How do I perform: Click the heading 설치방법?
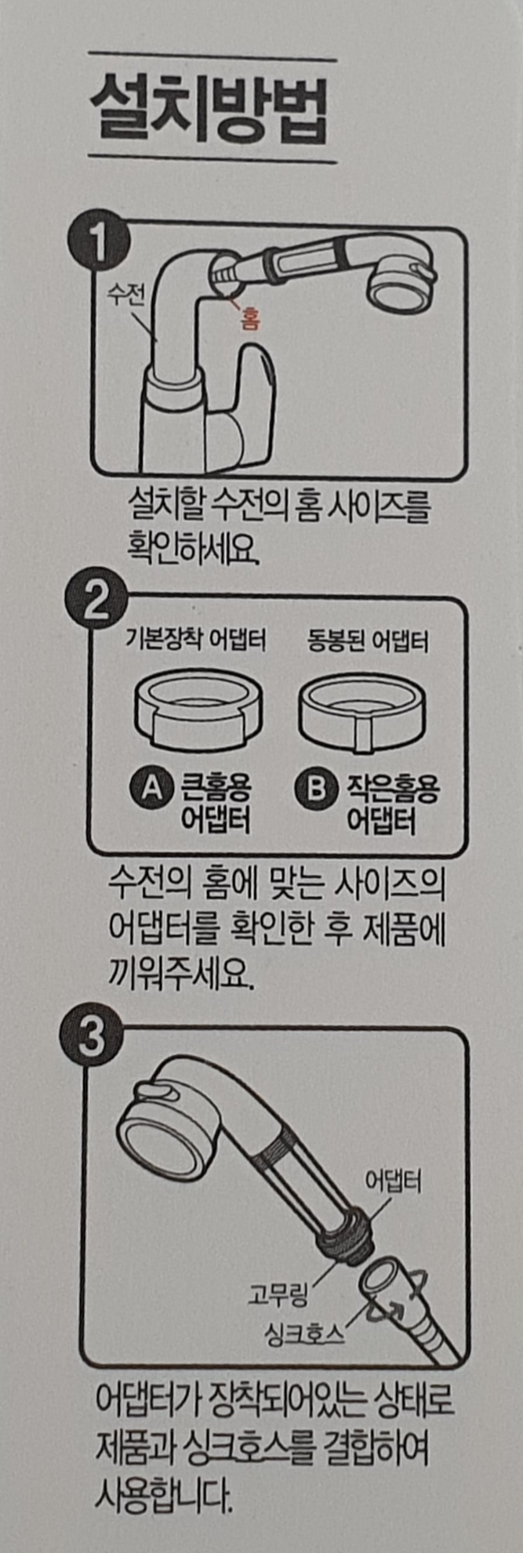click(209, 111)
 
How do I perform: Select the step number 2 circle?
click(95, 602)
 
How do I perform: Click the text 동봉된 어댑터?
click(367, 641)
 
